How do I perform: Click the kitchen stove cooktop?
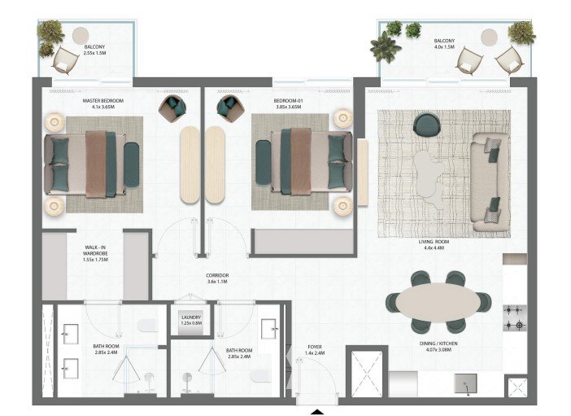tap(515, 318)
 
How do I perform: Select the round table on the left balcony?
tap(81, 36)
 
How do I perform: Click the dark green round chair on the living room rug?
tap(427, 125)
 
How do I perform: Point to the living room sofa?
tap(490, 182)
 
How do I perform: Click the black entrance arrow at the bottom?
tap(317, 413)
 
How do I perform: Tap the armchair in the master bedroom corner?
tap(172, 108)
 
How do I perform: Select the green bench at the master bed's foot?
tap(132, 165)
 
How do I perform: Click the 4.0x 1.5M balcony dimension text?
tap(444, 46)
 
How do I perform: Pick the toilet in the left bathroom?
tap(148, 325)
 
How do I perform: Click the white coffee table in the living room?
tap(429, 178)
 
